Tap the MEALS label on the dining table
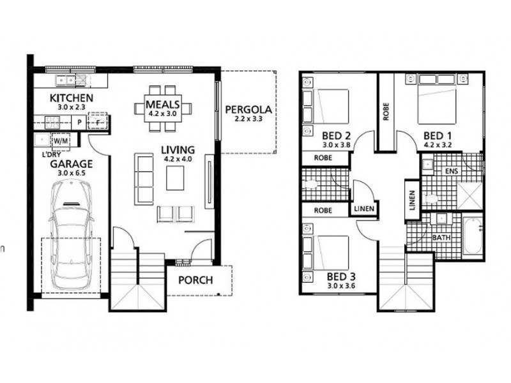(x=162, y=104)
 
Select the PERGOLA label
(x=248, y=109)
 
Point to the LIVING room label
(x=178, y=151)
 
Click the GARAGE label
(x=72, y=163)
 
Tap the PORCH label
(x=195, y=280)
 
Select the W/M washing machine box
(x=61, y=140)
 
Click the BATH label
(x=441, y=237)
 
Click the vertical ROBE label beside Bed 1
(x=386, y=110)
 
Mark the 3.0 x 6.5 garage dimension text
(x=72, y=173)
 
